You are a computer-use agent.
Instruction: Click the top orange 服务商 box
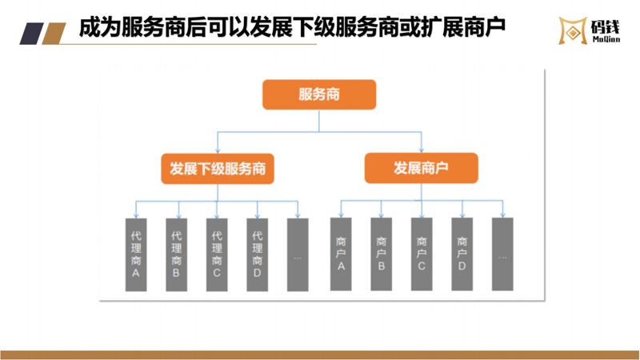pyautogui.click(x=319, y=94)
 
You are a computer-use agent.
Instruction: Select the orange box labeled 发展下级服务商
pyautogui.click(x=218, y=169)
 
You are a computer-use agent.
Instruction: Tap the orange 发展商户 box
pyautogui.click(x=422, y=168)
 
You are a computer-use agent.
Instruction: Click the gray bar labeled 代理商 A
pyautogui.click(x=136, y=254)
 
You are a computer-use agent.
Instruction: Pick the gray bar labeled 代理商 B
pyautogui.click(x=176, y=254)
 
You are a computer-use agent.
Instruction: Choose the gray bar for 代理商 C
pyautogui.click(x=217, y=254)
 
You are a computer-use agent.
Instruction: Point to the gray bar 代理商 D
pyautogui.click(x=257, y=254)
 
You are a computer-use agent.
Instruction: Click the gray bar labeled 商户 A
pyautogui.click(x=341, y=254)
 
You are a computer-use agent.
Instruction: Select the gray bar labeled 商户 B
pyautogui.click(x=382, y=254)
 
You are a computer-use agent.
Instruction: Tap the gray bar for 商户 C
pyautogui.click(x=422, y=254)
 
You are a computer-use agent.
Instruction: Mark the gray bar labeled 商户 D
pyautogui.click(x=462, y=254)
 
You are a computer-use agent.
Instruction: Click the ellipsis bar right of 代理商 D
pyautogui.click(x=298, y=254)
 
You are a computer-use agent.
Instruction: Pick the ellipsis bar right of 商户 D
pyautogui.click(x=502, y=254)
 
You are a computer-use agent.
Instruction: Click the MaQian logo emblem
pyautogui.click(x=573, y=30)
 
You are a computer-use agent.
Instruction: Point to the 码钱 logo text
pyautogui.click(x=606, y=27)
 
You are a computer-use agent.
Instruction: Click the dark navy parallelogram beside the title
pyautogui.click(x=31, y=34)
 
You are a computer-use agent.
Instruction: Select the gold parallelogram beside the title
pyautogui.click(x=54, y=34)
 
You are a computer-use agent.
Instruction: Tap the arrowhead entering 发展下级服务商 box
pyautogui.click(x=218, y=150)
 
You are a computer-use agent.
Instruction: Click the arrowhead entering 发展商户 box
pyautogui.click(x=422, y=150)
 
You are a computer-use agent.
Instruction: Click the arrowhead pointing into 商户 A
pyautogui.click(x=341, y=214)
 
